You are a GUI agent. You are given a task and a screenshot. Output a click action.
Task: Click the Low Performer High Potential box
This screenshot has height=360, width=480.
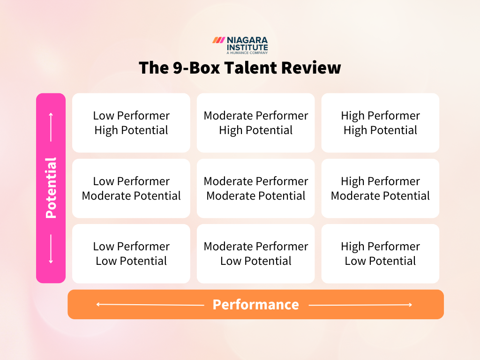tap(131, 123)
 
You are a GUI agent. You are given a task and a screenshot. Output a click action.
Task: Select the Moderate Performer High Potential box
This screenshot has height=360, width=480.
tap(256, 123)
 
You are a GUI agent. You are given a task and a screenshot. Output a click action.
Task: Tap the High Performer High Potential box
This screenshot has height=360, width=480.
tap(380, 123)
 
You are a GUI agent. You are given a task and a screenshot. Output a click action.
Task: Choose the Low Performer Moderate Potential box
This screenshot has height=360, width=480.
tap(131, 188)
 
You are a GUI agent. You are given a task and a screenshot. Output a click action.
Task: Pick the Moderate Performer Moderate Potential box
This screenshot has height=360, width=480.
tap(256, 188)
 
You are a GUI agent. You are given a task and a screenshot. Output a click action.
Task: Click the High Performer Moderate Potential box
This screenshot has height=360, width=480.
tap(380, 188)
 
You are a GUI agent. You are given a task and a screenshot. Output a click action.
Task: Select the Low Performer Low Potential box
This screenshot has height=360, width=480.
tap(131, 254)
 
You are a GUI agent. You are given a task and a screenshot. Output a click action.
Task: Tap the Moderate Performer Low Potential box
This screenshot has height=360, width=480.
tap(256, 254)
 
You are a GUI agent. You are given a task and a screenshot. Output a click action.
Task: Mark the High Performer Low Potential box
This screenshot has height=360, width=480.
tap(380, 254)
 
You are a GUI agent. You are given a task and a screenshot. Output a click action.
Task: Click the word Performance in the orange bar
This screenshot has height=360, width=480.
tap(255, 305)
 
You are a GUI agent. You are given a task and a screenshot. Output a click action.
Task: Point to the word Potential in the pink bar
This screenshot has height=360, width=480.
tap(51, 188)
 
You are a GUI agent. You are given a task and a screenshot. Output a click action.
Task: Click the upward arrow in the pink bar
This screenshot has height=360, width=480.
tap(51, 127)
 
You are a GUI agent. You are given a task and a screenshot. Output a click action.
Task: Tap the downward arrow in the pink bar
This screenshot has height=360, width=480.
tap(51, 249)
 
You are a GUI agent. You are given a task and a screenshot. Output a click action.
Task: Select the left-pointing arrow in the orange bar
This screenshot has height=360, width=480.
tap(150, 305)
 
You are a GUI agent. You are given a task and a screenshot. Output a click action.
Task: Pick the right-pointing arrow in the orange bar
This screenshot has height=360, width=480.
tap(360, 305)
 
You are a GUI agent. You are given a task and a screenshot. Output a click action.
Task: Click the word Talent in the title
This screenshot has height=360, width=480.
tap(251, 68)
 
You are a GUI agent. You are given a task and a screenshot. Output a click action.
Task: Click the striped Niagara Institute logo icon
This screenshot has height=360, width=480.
tap(218, 40)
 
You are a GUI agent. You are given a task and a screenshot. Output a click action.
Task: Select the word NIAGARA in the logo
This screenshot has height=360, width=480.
tap(247, 40)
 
